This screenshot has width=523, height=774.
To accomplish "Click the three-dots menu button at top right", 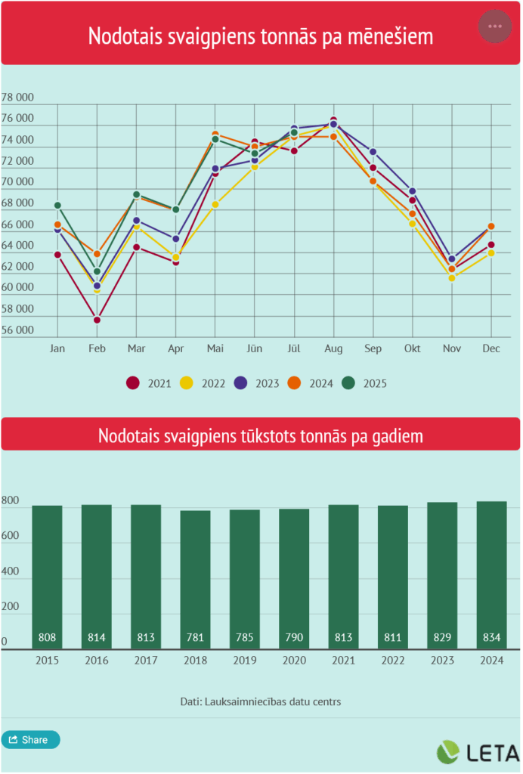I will click(495, 26).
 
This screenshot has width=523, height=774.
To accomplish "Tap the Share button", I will click(30, 740).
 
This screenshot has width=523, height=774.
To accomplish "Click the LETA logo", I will click(478, 752).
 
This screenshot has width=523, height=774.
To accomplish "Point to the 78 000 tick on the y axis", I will click(18, 98).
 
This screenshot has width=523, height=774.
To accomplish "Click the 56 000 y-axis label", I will click(18, 330).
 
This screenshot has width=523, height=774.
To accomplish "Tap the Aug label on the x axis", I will click(334, 349).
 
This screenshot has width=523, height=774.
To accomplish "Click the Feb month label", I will click(97, 349).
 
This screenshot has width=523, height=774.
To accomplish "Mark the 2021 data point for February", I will click(97, 320).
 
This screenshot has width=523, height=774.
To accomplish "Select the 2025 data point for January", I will click(57, 205).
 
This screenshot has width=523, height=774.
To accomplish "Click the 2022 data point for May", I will click(215, 204).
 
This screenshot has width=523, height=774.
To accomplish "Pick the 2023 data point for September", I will click(373, 152).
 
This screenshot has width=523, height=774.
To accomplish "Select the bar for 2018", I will click(195, 579).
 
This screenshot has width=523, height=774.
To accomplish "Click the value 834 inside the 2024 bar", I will click(491, 638).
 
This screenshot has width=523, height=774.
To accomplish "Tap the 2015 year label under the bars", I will click(47, 661).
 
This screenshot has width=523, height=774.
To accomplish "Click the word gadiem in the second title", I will click(395, 437).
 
